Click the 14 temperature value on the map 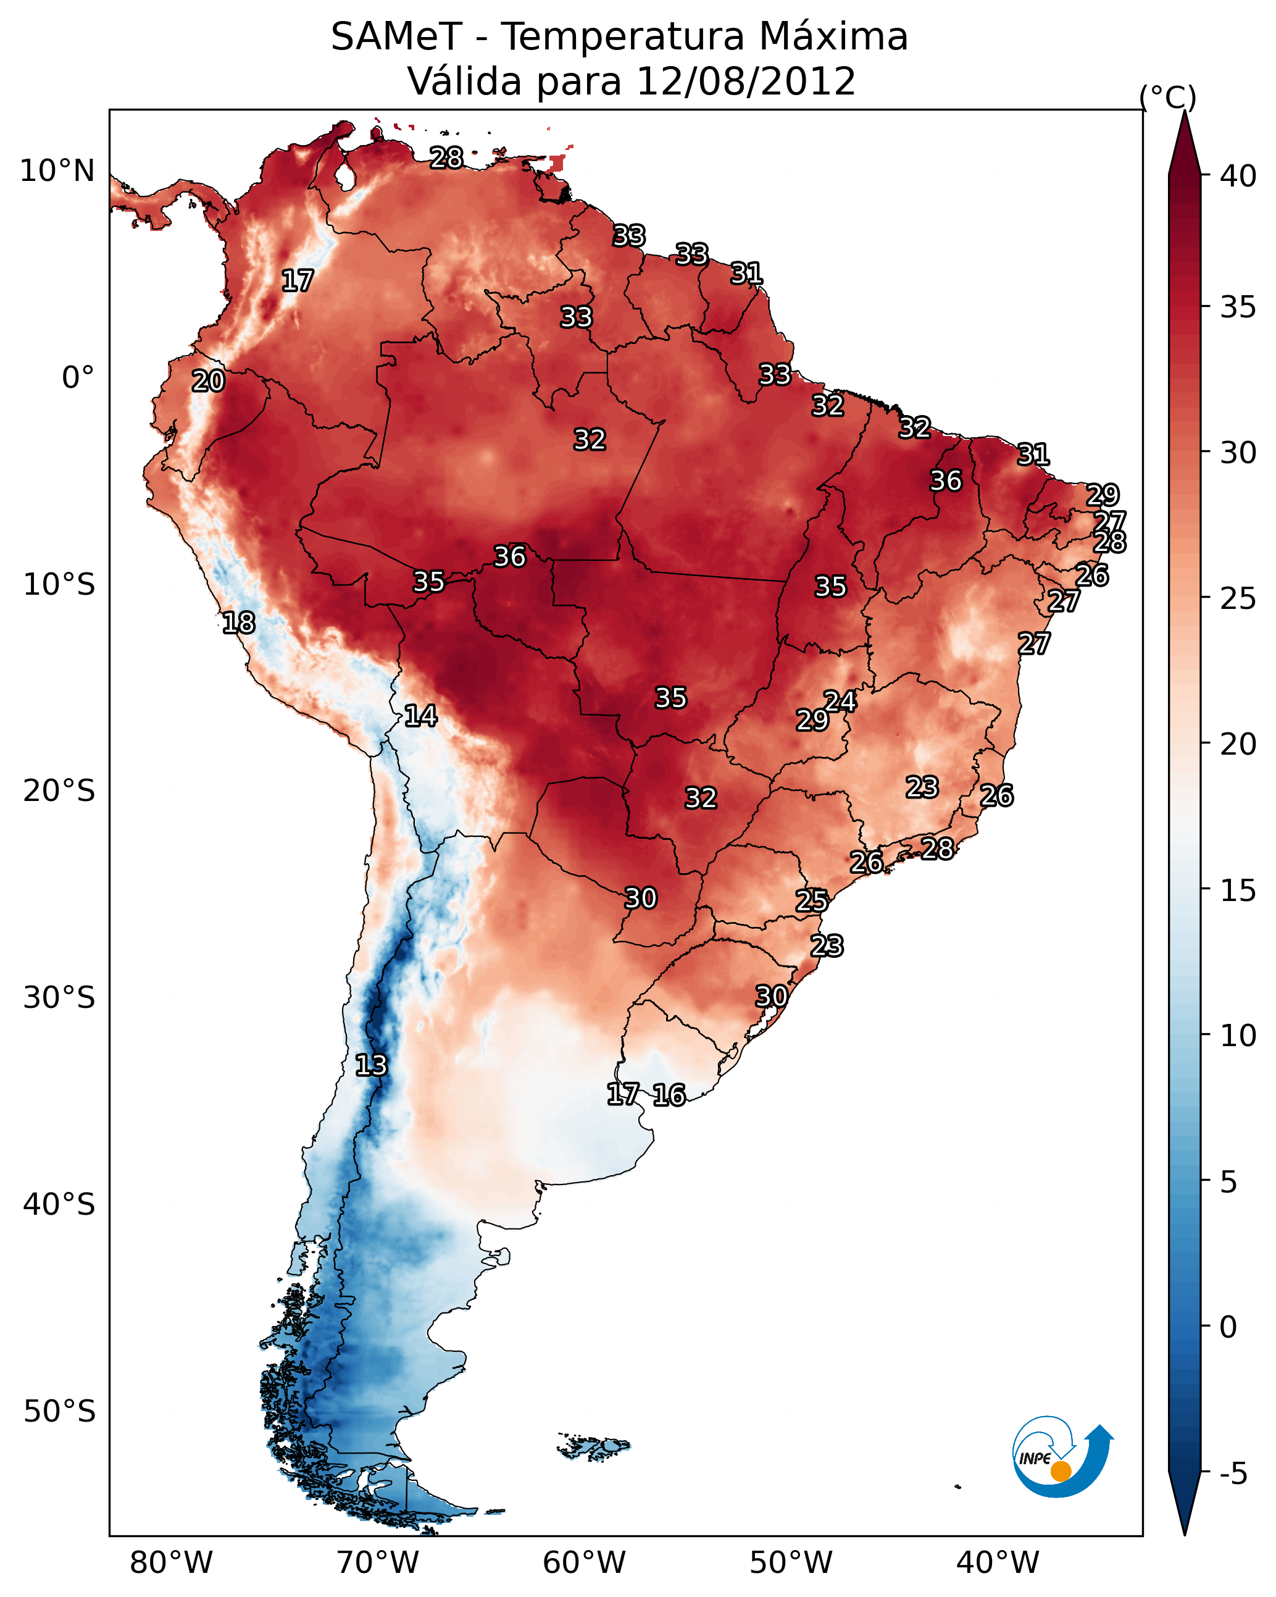[x=420, y=716]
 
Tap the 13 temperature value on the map [x=371, y=1065]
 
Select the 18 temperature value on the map [x=238, y=622]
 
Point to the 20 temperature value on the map [x=208, y=381]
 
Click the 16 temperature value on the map [x=669, y=1095]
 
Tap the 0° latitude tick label [x=78, y=378]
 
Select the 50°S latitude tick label [x=59, y=1412]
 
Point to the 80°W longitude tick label [x=171, y=1562]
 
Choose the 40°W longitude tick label [x=998, y=1562]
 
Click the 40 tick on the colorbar [x=1238, y=176]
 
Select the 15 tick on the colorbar [x=1238, y=891]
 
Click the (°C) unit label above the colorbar [x=1168, y=97]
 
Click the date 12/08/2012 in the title [x=746, y=81]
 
